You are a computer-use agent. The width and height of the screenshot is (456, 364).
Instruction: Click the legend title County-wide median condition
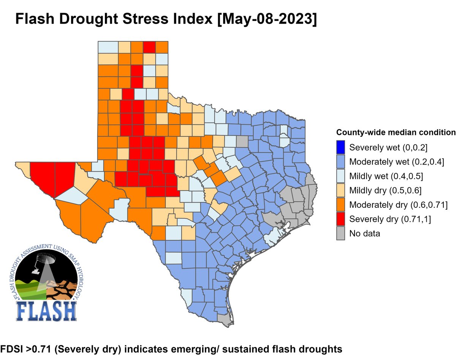click(396, 133)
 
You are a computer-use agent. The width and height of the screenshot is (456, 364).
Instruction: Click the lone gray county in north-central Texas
click(241, 141)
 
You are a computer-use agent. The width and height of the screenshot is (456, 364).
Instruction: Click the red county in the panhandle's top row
click(149, 47)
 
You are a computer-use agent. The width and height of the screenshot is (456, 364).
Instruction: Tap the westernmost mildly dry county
click(23, 166)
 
